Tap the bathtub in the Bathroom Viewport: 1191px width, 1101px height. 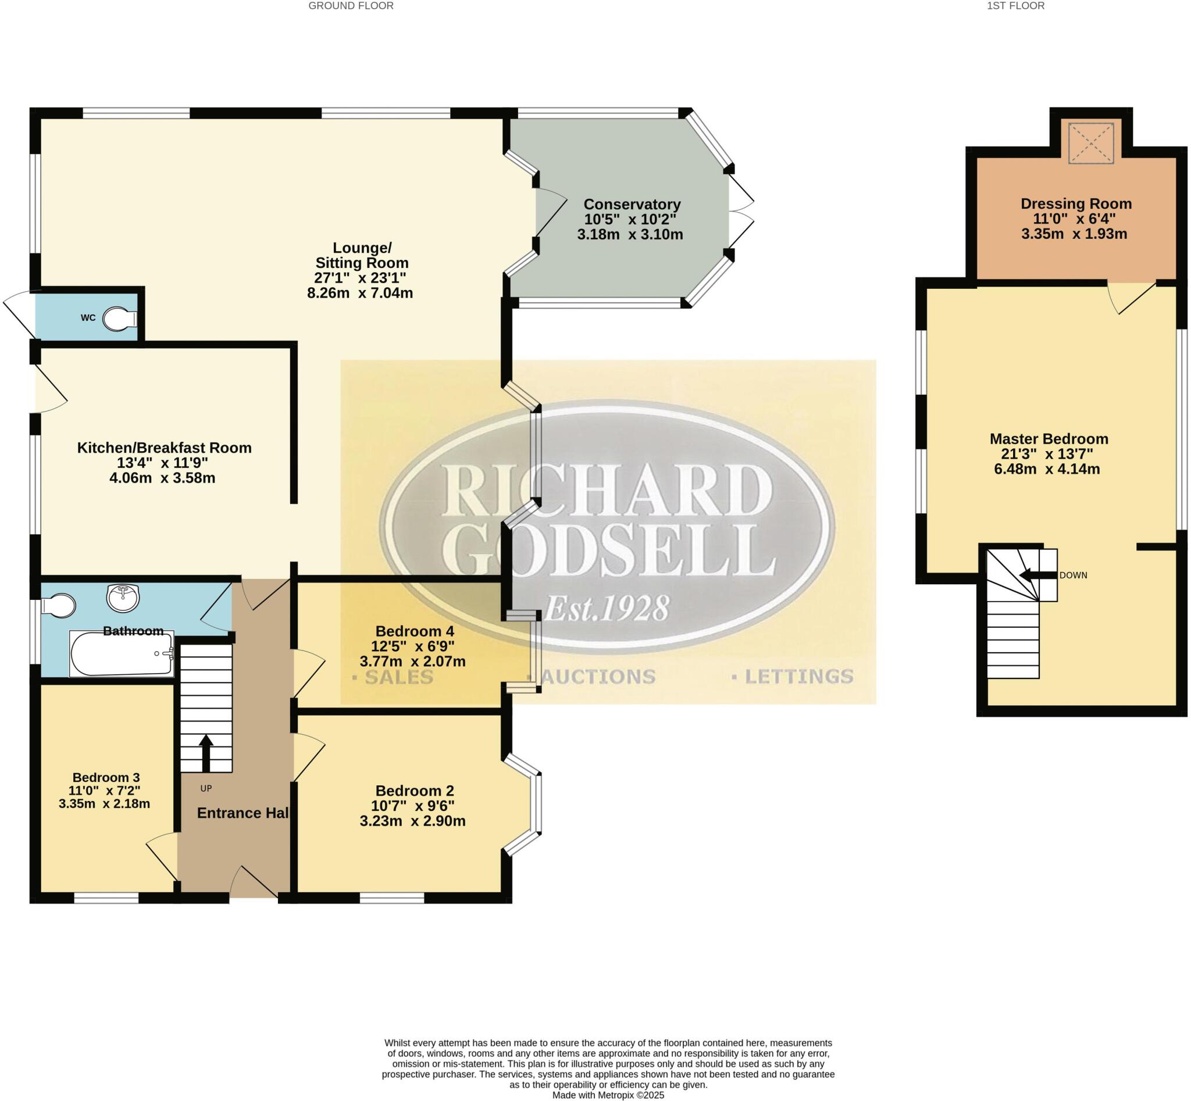click(x=122, y=653)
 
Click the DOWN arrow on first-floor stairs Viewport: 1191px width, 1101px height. click(x=1037, y=575)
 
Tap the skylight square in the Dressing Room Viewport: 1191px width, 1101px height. click(x=1090, y=143)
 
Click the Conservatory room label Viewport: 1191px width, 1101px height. click(x=632, y=205)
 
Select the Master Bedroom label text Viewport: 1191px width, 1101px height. click(x=1049, y=438)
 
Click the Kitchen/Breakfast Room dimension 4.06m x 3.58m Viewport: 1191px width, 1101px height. click(x=162, y=478)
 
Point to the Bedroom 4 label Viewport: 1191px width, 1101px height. click(x=414, y=631)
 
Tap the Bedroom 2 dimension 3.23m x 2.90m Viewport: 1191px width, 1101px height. click(x=412, y=821)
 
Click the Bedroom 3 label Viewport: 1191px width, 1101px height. click(x=106, y=777)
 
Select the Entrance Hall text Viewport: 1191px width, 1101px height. click(x=243, y=813)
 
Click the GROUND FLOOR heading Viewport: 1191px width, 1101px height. click(x=351, y=6)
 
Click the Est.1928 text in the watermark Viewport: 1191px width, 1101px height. click(x=606, y=608)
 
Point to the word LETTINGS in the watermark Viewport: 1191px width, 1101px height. click(x=798, y=676)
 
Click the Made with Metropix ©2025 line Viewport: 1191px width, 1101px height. click(x=608, y=1095)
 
